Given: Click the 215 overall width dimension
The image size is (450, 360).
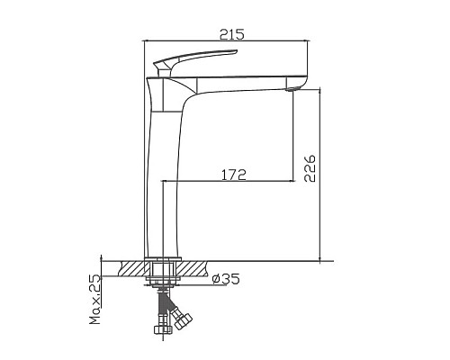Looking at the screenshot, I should [x=233, y=34].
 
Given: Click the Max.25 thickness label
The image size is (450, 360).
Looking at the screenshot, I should [x=94, y=301].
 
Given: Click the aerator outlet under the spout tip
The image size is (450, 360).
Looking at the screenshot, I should [x=292, y=87].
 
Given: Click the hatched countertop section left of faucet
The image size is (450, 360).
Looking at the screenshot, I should [x=130, y=268].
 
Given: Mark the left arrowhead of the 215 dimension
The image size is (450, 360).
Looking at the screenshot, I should [x=148, y=41].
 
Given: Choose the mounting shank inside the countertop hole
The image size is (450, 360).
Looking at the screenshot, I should [x=163, y=269].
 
